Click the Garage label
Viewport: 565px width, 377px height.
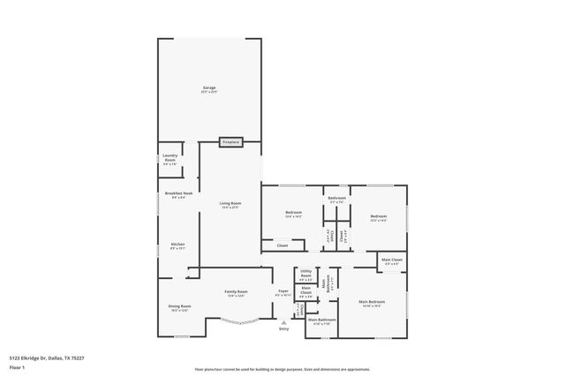(209, 87)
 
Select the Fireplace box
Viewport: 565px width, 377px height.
(231, 141)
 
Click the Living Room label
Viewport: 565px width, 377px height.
(230, 203)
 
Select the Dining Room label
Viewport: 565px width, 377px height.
(179, 306)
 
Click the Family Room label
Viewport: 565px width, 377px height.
(237, 291)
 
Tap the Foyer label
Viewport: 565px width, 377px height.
(283, 290)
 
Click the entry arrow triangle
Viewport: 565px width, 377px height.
(283, 322)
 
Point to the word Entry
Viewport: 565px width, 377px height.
(283, 329)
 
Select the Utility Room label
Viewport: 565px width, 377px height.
(305, 273)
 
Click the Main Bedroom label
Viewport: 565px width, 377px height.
(371, 302)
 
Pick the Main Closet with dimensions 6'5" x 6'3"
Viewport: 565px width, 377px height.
(392, 260)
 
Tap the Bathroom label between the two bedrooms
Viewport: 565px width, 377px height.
(336, 199)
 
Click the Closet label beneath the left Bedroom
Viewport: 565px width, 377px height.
(282, 245)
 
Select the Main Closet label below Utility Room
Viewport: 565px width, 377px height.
(305, 290)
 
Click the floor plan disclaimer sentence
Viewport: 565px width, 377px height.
(282, 369)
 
